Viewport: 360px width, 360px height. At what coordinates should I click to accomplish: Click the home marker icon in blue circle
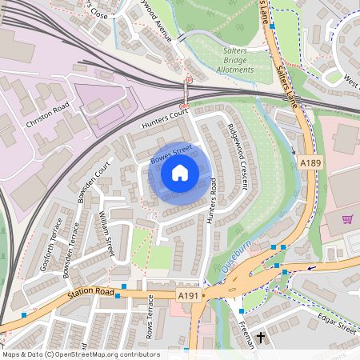[180, 172]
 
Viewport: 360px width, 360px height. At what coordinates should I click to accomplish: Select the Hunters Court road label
[163, 119]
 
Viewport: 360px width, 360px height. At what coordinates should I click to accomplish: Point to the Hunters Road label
[212, 199]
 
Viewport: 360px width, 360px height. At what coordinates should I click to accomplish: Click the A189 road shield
[310, 163]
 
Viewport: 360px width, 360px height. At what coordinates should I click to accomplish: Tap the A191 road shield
[187, 296]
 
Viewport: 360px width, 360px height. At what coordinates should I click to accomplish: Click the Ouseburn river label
[238, 262]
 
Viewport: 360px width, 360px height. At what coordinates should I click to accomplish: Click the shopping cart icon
[347, 219]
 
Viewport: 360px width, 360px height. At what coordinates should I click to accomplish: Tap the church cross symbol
[260, 340]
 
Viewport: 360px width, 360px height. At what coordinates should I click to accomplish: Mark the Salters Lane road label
[282, 80]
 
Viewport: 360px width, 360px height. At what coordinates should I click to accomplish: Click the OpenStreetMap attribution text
[81, 354]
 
